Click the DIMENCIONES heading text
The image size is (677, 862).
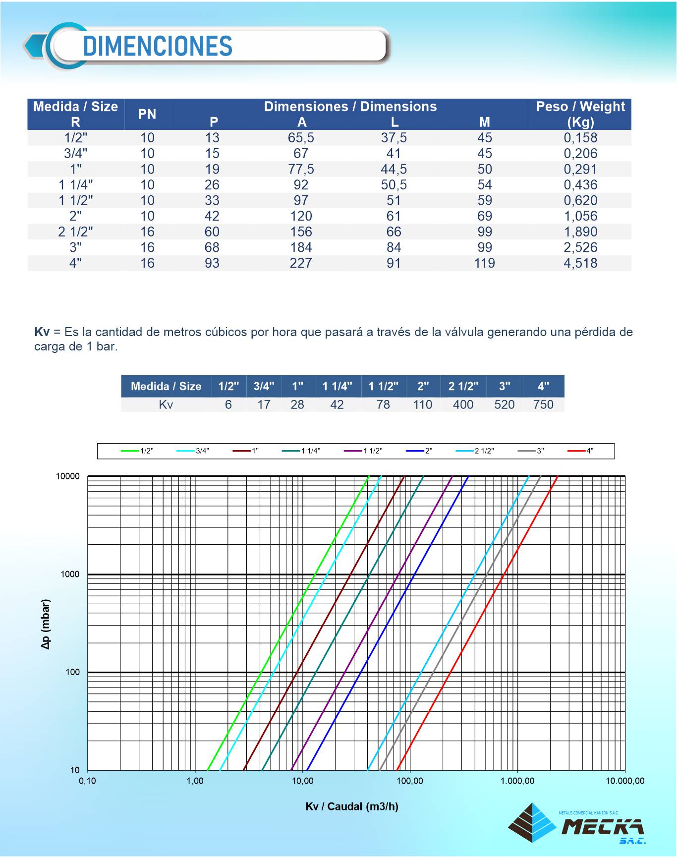pyautogui.click(x=158, y=47)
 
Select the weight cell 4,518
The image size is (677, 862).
pyautogui.click(x=580, y=263)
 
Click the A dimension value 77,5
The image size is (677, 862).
pyautogui.click(x=301, y=169)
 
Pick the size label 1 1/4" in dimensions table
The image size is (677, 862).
pyautogui.click(x=76, y=185)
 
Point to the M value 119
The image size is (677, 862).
pyautogui.click(x=484, y=263)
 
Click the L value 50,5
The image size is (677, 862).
pyautogui.click(x=394, y=185)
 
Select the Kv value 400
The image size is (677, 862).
pyautogui.click(x=463, y=404)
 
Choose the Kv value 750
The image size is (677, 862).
pyautogui.click(x=543, y=404)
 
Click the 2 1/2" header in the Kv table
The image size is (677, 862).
pyautogui.click(x=463, y=386)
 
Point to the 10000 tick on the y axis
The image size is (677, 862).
pyautogui.click(x=67, y=476)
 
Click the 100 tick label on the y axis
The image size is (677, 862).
pyautogui.click(x=73, y=672)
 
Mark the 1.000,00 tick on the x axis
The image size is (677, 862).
pyautogui.click(x=517, y=781)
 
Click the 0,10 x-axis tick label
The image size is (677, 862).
pyautogui.click(x=88, y=781)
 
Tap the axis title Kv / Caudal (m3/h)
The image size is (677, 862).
pyautogui.click(x=352, y=806)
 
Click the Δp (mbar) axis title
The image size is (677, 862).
pyautogui.click(x=46, y=624)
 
